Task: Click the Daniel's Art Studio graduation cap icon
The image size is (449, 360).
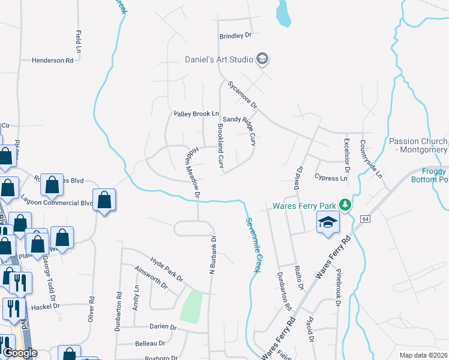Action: (x=262, y=59)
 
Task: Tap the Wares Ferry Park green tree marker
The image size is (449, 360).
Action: (x=345, y=205)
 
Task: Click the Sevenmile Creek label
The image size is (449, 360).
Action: (x=252, y=245)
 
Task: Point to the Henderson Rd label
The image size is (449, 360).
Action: (x=52, y=61)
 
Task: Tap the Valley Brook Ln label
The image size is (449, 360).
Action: (x=196, y=113)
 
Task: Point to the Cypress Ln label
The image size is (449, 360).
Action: (x=331, y=178)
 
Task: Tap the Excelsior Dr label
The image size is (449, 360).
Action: (x=346, y=153)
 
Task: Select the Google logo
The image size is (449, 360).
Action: (x=20, y=353)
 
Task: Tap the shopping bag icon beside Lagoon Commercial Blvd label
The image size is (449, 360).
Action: (x=104, y=200)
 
